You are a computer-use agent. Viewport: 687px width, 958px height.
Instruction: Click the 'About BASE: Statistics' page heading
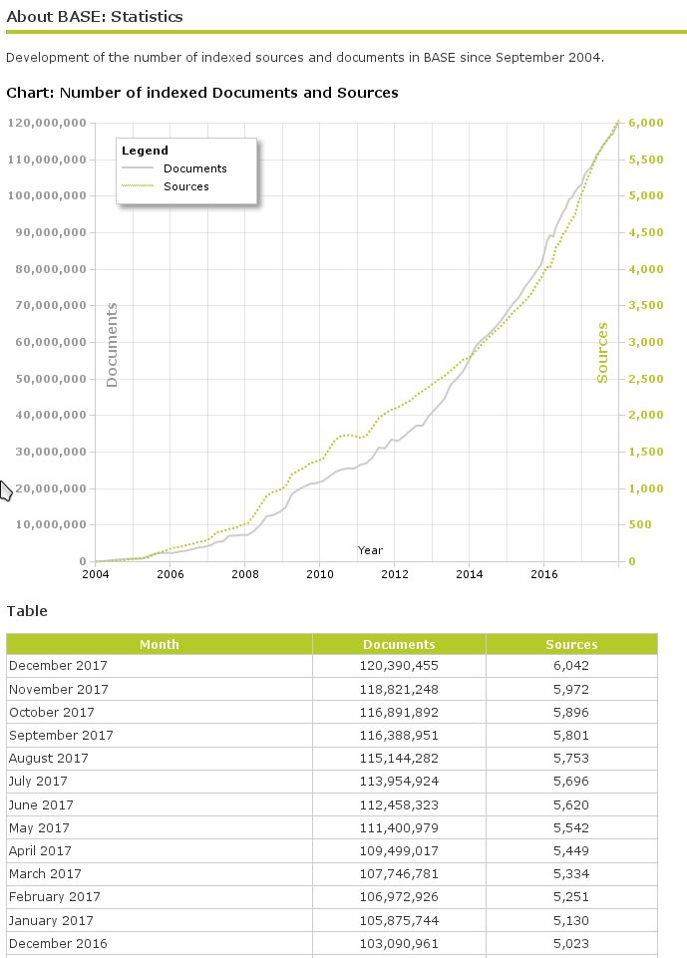(95, 17)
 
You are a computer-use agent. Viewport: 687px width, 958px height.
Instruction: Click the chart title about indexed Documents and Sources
(202, 93)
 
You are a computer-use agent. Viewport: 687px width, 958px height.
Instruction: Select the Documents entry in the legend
(194, 168)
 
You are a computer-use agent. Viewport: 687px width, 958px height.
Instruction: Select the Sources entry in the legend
(185, 186)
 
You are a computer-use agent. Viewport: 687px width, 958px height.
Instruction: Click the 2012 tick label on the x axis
(394, 574)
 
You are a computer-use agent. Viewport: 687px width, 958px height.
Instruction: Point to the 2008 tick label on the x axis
(244, 574)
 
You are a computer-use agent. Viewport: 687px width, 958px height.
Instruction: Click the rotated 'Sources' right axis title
(602, 352)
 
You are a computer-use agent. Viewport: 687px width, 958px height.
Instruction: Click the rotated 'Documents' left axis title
(112, 345)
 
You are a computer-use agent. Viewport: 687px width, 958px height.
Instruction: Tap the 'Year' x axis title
(370, 550)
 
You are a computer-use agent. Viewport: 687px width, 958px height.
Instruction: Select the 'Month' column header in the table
(160, 644)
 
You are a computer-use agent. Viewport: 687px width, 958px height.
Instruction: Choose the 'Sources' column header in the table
(571, 644)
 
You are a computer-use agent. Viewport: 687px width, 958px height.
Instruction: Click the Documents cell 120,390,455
(399, 666)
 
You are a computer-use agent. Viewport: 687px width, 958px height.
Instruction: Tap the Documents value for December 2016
(399, 943)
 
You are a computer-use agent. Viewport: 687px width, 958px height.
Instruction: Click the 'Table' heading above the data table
(27, 611)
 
